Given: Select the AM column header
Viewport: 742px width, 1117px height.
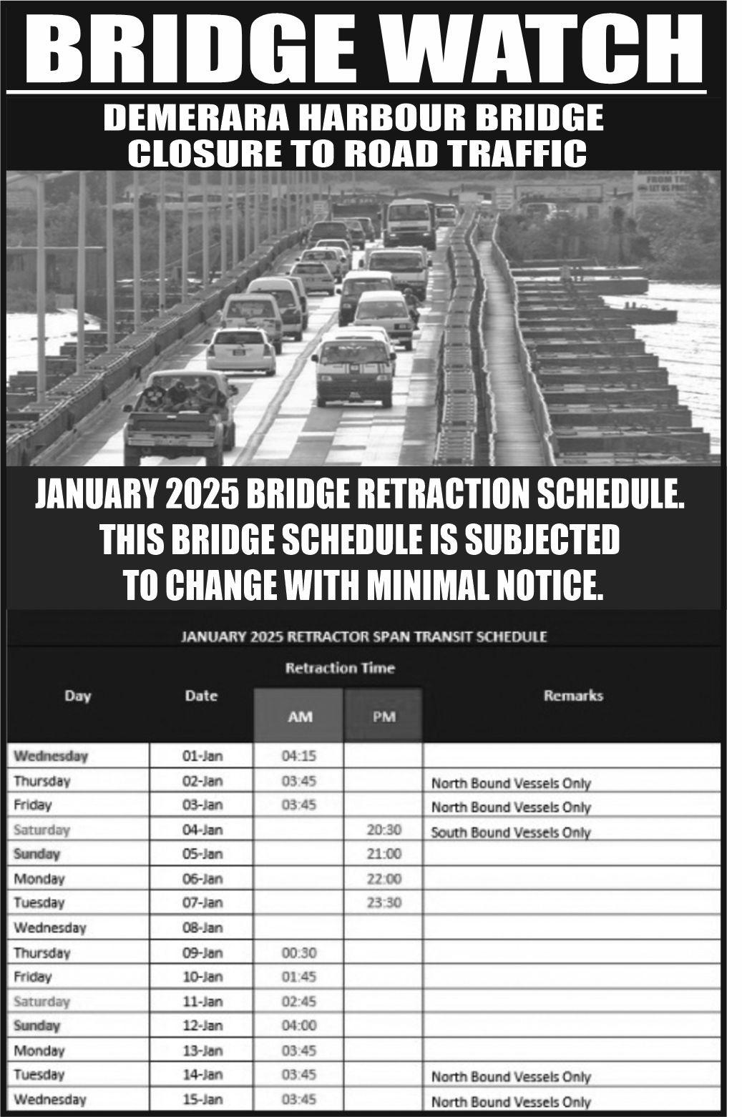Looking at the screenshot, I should click(x=299, y=716).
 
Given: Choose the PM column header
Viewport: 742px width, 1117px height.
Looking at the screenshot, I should click(x=384, y=716).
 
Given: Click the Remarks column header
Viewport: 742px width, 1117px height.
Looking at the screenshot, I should click(x=573, y=695).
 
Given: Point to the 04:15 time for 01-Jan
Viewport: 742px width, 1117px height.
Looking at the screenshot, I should click(x=299, y=756).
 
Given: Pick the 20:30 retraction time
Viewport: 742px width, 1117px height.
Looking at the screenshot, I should click(x=384, y=830).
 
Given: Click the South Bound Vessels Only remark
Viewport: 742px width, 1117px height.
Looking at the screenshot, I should click(x=511, y=832).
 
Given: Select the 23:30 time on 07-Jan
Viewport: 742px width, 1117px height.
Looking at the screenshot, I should click(x=384, y=902).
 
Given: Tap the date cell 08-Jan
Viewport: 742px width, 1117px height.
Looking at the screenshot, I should click(x=202, y=927).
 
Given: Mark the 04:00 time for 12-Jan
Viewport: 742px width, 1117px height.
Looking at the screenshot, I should click(x=299, y=1025).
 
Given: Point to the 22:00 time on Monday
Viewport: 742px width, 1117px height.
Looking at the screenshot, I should click(x=384, y=878).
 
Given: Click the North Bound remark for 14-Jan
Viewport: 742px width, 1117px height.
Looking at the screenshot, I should click(x=511, y=1076).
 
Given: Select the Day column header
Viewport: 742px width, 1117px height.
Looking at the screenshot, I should click(x=78, y=695).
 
